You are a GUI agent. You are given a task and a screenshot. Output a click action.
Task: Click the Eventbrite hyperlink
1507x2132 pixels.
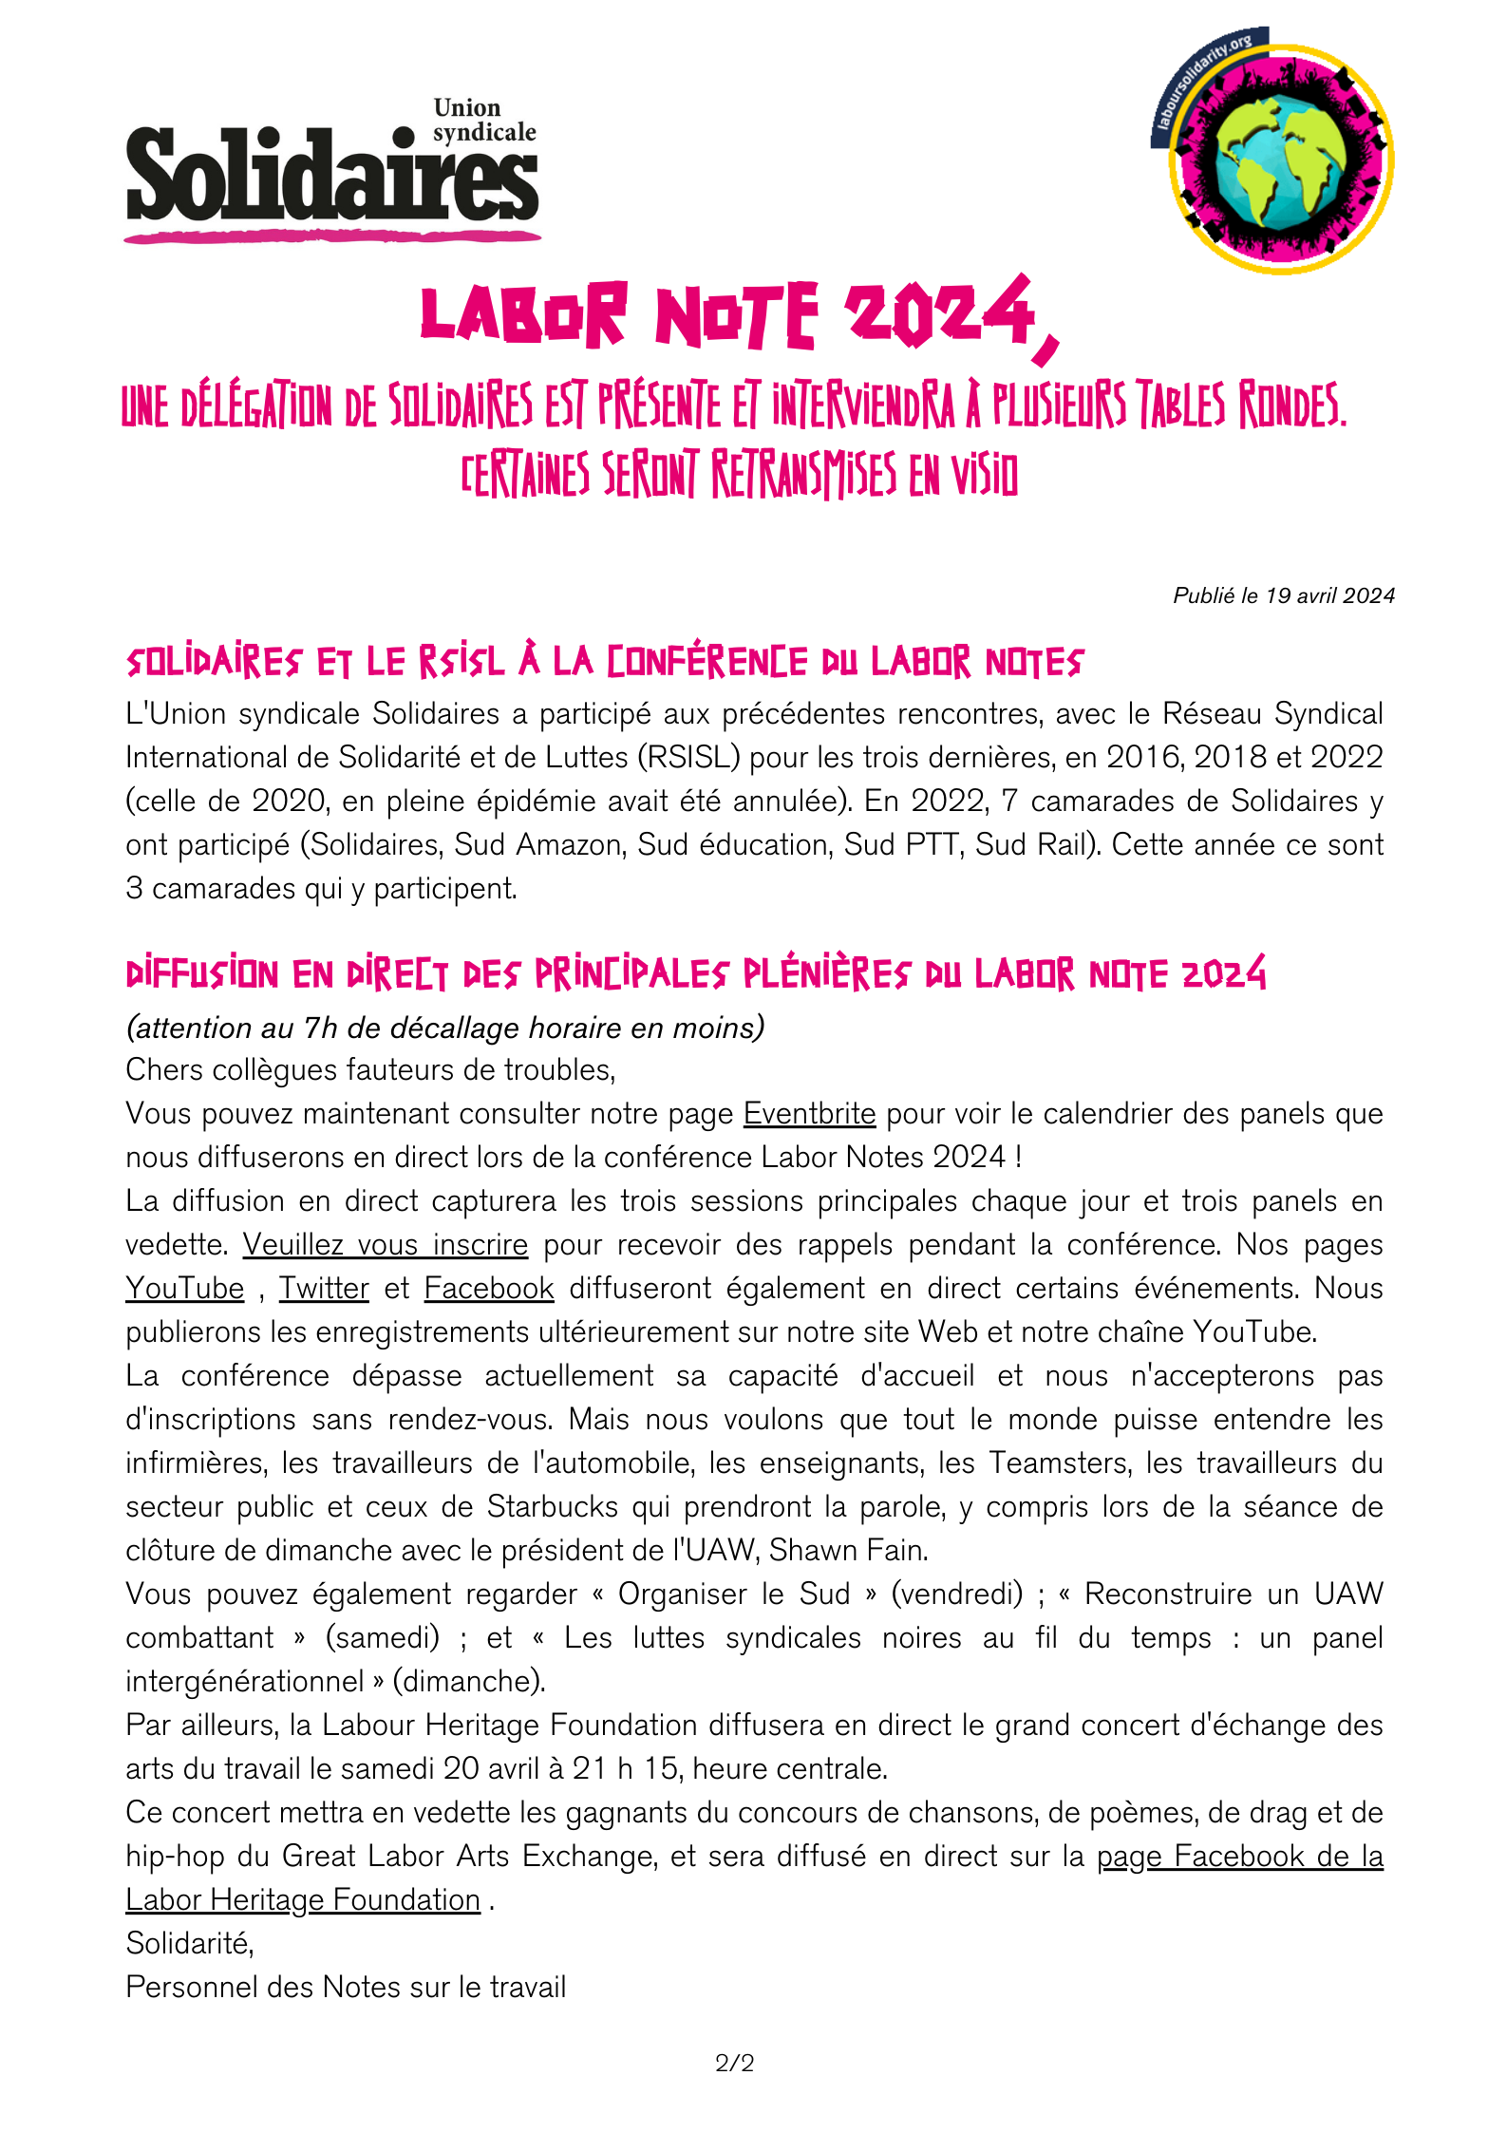[809, 1113]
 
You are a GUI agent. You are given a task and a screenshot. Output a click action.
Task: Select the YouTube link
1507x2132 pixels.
[185, 1288]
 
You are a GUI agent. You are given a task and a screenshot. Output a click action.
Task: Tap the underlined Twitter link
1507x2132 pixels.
[324, 1288]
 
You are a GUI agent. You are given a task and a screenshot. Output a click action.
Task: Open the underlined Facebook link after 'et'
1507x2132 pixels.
[488, 1288]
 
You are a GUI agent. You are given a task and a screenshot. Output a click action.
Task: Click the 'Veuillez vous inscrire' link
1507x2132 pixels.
[385, 1244]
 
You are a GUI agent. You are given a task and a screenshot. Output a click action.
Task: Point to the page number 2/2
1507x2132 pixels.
[735, 2063]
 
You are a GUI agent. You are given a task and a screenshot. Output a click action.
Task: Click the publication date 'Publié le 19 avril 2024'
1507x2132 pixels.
[1284, 595]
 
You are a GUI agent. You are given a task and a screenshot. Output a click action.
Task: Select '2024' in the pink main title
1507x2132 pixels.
[940, 313]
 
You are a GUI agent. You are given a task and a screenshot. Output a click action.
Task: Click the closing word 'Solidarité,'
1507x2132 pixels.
[190, 1943]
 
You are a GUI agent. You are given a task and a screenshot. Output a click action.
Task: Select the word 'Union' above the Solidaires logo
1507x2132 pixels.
[467, 108]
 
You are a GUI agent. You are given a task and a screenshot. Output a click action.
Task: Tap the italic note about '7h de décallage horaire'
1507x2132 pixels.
[444, 1028]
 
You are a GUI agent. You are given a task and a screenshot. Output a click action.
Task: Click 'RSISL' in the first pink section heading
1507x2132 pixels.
[462, 662]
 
